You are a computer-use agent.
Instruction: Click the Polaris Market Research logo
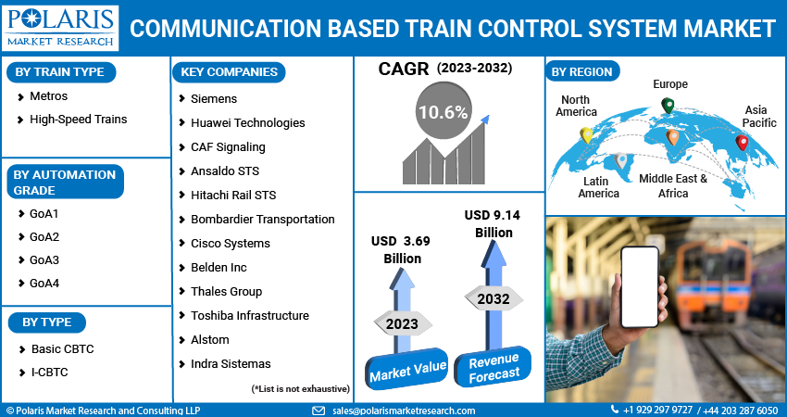(61, 28)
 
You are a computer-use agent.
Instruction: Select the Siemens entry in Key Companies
(214, 98)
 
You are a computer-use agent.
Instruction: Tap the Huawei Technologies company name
(247, 122)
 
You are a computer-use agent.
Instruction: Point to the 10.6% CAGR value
(443, 113)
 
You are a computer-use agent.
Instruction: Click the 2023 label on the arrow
(403, 324)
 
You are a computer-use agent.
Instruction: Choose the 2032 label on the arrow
(493, 299)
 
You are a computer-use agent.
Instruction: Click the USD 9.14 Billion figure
(493, 223)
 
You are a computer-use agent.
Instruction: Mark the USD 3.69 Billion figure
(402, 249)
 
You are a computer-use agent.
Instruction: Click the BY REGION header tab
(583, 71)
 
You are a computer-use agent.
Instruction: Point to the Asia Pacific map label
(759, 116)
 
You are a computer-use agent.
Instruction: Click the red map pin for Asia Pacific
(742, 143)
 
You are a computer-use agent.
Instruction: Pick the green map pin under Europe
(668, 106)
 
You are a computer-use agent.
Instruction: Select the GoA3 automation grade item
(44, 260)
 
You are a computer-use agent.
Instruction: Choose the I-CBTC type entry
(50, 372)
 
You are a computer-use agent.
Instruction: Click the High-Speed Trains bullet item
(78, 120)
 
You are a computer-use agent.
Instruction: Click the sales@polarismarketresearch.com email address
(403, 411)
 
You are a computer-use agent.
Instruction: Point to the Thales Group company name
(226, 291)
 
